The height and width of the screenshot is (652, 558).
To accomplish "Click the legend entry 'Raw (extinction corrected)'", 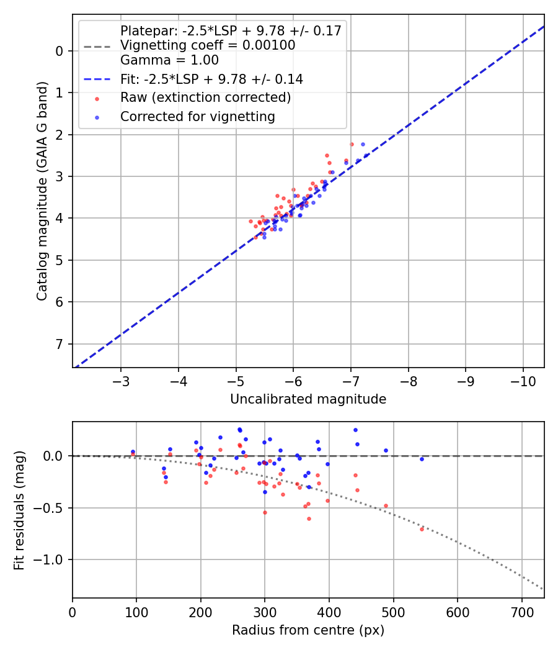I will click(205, 97).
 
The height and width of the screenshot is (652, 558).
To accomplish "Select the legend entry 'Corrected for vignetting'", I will click(197, 116).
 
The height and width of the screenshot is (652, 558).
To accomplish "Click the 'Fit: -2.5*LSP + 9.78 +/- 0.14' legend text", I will click(211, 79).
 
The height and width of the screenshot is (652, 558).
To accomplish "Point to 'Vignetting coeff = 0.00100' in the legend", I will click(208, 45).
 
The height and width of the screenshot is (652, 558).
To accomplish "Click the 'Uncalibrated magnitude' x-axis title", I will click(308, 399).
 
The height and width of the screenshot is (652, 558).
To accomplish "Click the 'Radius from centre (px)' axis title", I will click(308, 630).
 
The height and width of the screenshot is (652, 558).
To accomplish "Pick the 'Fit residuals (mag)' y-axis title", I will click(19, 510).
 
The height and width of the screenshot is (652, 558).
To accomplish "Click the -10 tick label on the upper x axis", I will click(523, 379).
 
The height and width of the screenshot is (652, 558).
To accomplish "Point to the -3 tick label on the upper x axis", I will click(121, 379).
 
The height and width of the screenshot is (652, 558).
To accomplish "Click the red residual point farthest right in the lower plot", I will click(422, 529).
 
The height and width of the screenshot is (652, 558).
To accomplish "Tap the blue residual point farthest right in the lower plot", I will click(422, 459).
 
